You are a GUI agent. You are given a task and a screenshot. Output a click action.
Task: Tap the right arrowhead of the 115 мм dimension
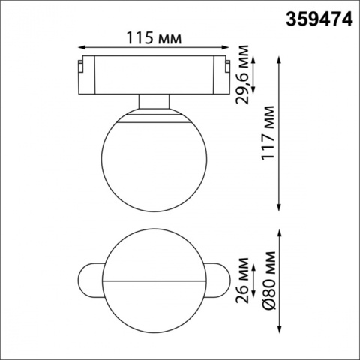(223, 46)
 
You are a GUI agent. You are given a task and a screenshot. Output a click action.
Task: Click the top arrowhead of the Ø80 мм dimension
(279, 232)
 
